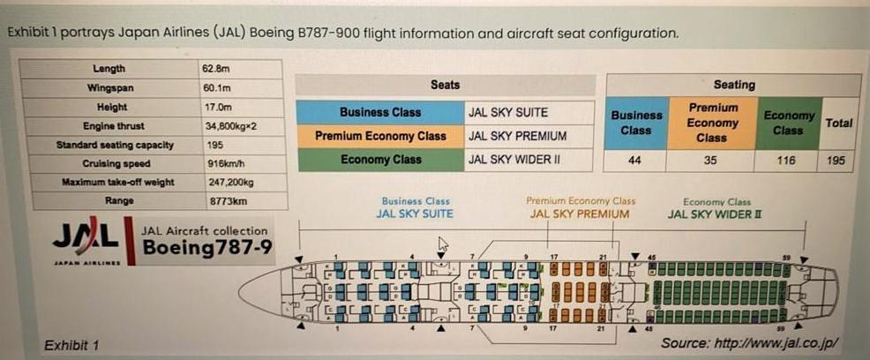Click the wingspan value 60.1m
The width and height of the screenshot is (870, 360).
[217, 88]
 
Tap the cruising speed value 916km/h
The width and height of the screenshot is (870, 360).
[226, 163]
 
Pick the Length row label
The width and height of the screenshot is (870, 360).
[109, 69]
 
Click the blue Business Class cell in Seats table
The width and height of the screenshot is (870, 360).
[379, 112]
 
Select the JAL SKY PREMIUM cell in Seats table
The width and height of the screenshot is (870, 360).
[517, 136]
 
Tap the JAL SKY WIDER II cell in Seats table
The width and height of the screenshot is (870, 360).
[516, 160]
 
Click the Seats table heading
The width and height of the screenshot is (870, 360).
[445, 85]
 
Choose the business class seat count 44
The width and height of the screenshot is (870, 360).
[634, 161]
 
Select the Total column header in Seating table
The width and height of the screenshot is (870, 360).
[838, 124]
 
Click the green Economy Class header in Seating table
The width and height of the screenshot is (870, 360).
[788, 123]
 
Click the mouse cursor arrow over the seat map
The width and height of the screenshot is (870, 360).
[444, 244]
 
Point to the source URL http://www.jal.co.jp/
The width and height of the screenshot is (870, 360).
[749, 342]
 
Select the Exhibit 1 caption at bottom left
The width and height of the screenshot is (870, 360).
[71, 345]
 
